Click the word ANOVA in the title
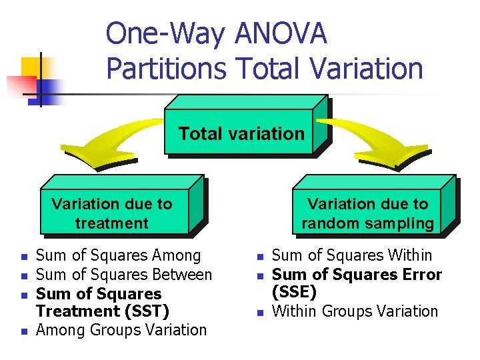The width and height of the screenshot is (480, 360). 281,34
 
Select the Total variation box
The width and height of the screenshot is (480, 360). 241,133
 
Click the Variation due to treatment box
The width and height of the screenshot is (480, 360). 112,213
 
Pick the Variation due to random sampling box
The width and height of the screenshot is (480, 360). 367,213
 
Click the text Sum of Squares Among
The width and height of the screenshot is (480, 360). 118,255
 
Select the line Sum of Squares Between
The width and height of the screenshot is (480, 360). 124,274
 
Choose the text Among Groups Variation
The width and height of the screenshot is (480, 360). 121,329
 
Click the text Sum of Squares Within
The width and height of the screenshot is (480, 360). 353,255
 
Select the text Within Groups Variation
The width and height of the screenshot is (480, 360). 355,311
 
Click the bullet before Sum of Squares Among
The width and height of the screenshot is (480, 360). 23,257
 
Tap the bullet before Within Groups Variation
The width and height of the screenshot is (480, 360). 261,313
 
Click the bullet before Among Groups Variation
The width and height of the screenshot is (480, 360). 23,331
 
